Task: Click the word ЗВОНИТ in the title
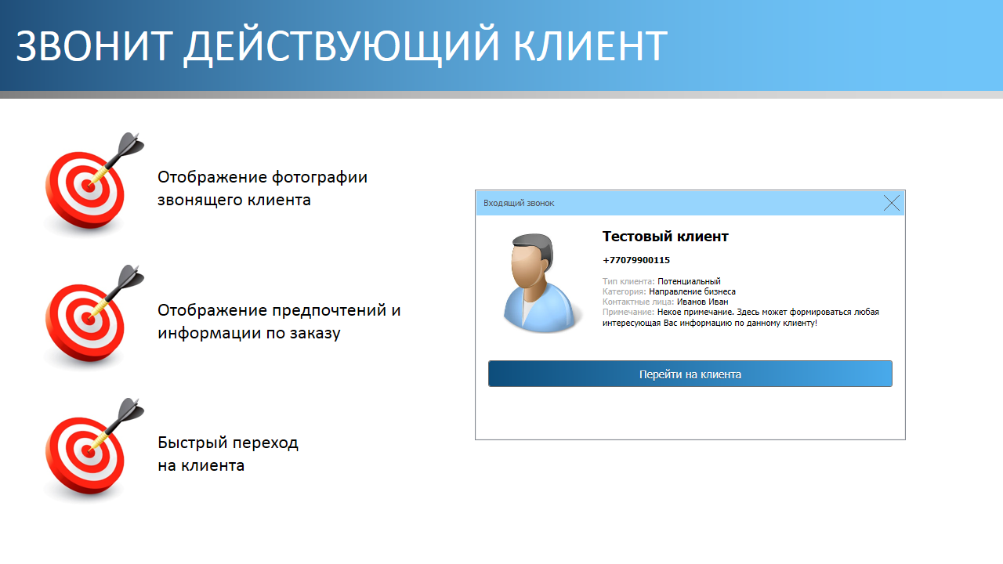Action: click(94, 45)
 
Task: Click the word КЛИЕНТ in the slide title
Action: click(590, 45)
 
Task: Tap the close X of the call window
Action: click(892, 203)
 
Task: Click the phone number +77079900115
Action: click(636, 260)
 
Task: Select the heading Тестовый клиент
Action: click(665, 237)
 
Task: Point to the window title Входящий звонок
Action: click(519, 203)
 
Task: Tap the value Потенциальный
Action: click(689, 281)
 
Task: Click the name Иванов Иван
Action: click(703, 302)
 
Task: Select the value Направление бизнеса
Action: click(692, 291)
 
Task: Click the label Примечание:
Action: click(628, 312)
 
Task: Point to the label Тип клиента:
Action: click(628, 281)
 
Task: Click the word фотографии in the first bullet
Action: click(320, 178)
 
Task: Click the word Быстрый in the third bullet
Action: click(193, 443)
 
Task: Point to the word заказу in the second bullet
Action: click(315, 334)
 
